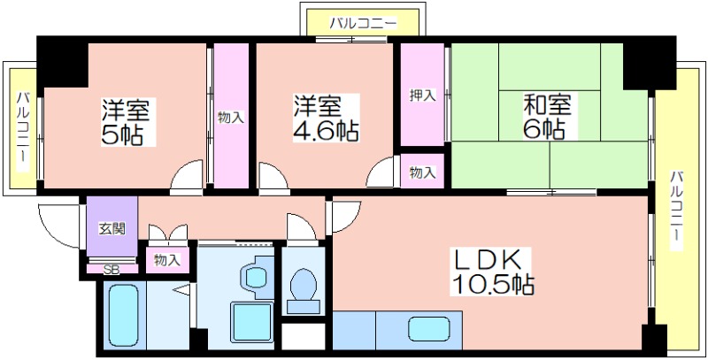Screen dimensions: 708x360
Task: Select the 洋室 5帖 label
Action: (125, 121)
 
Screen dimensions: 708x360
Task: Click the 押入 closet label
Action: (423, 96)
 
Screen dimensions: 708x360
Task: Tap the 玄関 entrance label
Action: (112, 228)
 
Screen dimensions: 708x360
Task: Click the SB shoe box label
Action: (112, 270)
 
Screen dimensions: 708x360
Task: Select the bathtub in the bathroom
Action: (123, 314)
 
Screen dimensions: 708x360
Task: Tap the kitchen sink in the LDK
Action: (429, 328)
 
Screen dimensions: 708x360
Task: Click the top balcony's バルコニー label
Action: (363, 23)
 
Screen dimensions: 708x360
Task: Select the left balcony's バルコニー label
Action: (22, 131)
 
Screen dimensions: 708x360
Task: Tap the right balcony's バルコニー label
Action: (676, 210)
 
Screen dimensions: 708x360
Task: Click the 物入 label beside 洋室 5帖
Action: (231, 118)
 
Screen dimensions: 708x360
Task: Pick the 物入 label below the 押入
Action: (423, 172)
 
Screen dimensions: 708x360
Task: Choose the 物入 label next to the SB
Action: (167, 260)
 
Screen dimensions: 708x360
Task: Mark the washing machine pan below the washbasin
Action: (252, 322)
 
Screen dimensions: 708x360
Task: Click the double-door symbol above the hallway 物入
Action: (168, 233)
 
